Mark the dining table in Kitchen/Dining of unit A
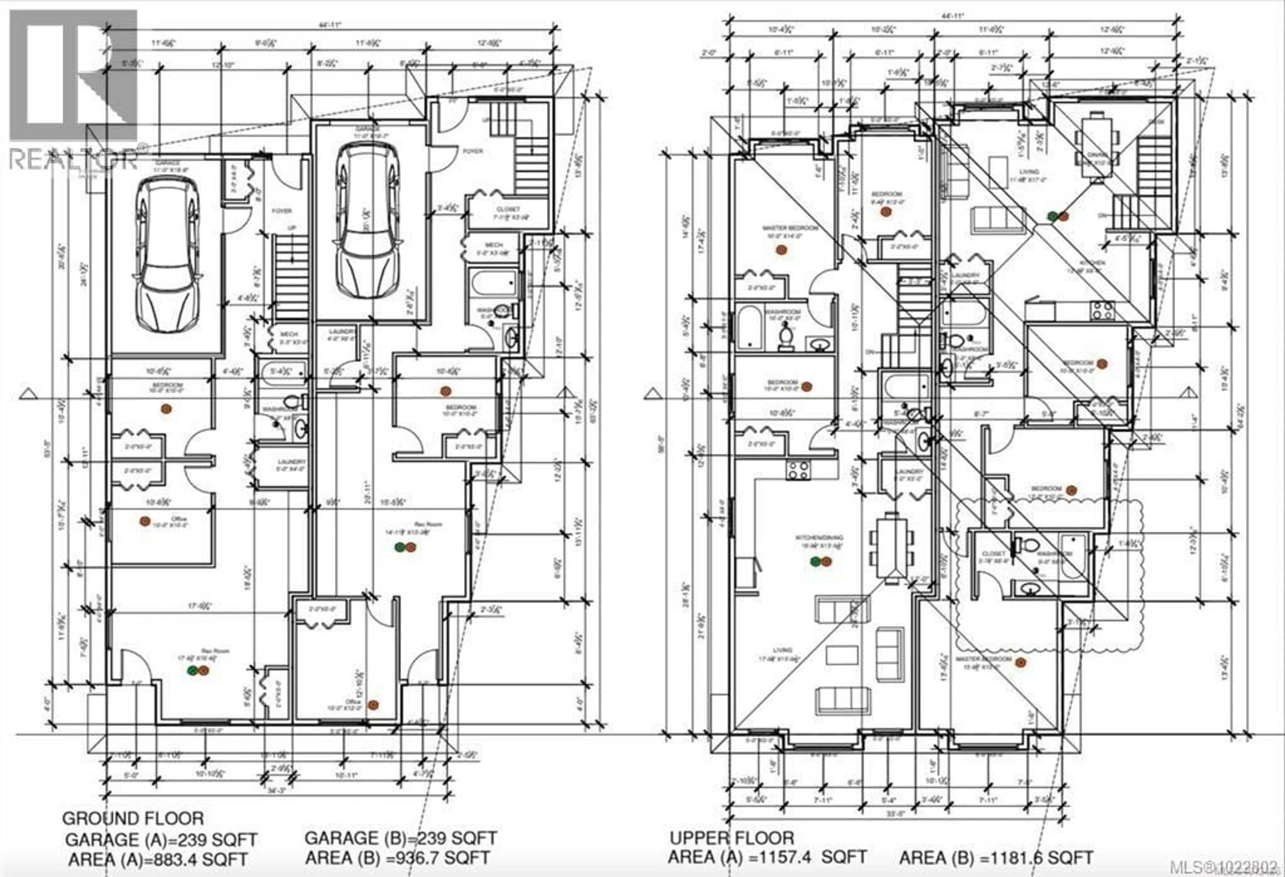(891, 547)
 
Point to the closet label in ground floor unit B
(508, 209)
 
